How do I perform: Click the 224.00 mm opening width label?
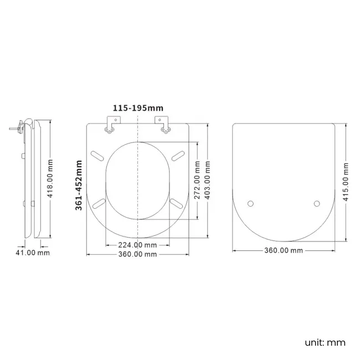[x=136, y=245]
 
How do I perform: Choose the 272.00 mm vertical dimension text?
[x=196, y=181]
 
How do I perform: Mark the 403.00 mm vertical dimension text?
[x=207, y=181]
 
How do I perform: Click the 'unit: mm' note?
[x=325, y=342]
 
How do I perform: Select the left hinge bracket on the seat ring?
[x=110, y=126]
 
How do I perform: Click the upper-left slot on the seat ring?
[x=96, y=155]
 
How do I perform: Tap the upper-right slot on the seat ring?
[x=178, y=155]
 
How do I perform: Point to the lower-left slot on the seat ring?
[x=98, y=203]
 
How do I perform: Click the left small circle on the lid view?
[x=250, y=204]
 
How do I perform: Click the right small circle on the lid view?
[x=317, y=204]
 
